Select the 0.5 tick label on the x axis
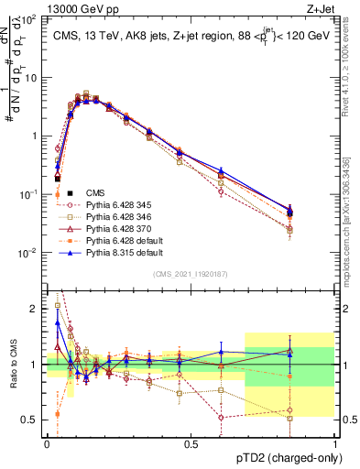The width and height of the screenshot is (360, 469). [x=191, y=444]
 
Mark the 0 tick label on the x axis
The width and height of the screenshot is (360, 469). [x=47, y=444]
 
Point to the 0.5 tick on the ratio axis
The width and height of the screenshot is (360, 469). [x=30, y=420]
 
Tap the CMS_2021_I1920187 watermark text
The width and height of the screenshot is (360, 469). [x=191, y=273]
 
